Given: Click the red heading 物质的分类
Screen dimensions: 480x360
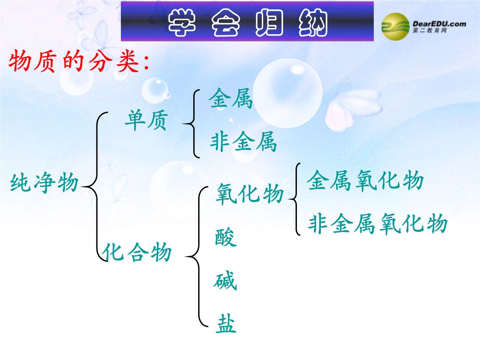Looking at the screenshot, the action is (x=79, y=61).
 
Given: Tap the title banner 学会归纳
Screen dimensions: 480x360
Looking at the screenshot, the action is (x=248, y=21).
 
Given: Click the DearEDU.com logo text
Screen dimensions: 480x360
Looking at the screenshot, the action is (x=439, y=24).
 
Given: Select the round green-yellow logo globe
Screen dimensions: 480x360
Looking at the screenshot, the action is (x=395, y=27).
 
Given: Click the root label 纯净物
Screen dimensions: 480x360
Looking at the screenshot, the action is (x=45, y=183).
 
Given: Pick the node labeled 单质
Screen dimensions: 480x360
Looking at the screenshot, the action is (x=147, y=120).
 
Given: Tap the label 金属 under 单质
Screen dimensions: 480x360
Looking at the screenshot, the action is (x=231, y=98).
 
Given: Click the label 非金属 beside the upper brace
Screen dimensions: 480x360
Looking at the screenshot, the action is (x=244, y=141).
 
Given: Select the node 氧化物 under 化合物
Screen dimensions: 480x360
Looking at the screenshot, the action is (x=250, y=193).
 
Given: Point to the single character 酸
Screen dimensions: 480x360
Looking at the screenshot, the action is (x=226, y=237).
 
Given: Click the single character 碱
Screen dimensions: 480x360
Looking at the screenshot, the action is (x=225, y=281).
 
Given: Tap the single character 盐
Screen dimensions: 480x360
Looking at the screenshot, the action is (x=226, y=324).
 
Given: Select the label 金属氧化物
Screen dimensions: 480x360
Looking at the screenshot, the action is (x=365, y=180).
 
